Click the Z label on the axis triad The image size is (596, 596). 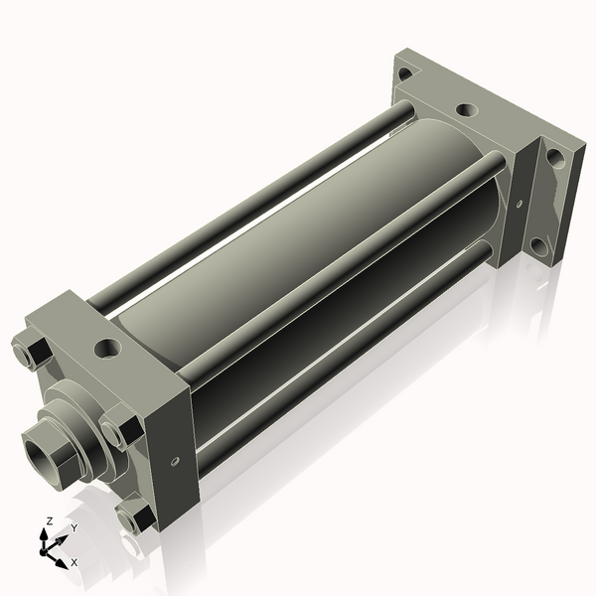[x=50, y=521]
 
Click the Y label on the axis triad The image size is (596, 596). [x=74, y=527]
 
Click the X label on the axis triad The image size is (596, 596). [x=74, y=562]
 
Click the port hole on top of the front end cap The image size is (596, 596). [x=106, y=349]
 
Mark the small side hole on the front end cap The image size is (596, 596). [x=176, y=461]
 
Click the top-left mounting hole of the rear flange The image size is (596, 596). [x=404, y=73]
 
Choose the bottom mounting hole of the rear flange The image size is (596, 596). [x=537, y=245]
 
